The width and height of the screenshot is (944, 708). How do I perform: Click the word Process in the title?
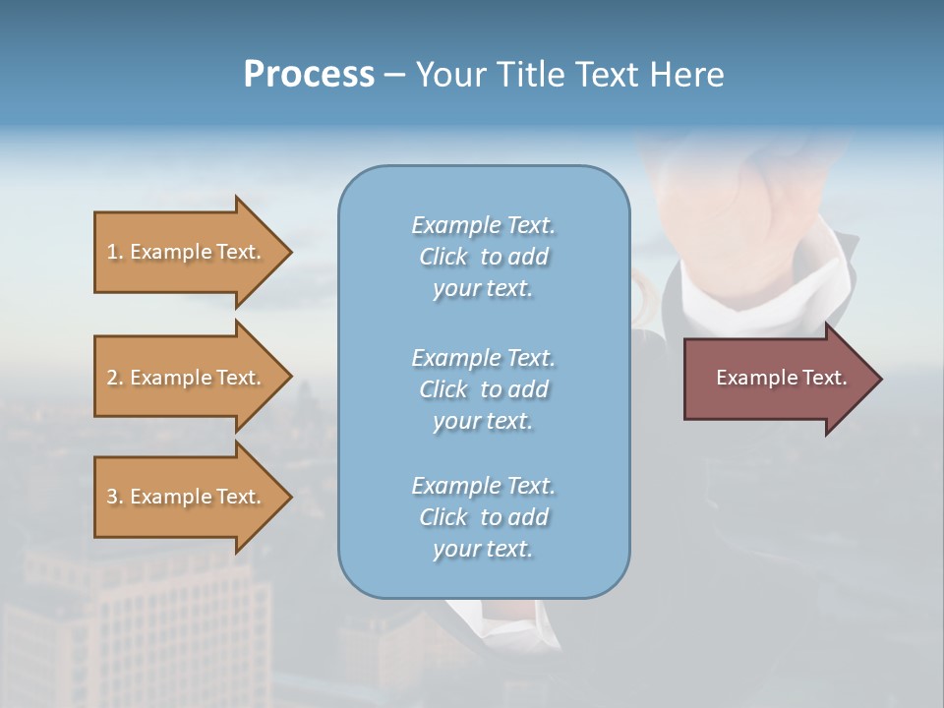coord(309,75)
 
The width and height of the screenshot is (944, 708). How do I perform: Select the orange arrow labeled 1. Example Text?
coord(187,252)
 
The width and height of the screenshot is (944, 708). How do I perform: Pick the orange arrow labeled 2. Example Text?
coord(187,378)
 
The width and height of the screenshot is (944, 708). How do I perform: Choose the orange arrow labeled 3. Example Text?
coord(187,497)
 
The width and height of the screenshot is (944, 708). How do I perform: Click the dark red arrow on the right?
coord(777,379)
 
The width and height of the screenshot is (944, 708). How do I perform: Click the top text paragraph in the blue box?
coord(483,257)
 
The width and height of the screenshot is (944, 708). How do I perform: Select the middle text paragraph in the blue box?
coord(483,389)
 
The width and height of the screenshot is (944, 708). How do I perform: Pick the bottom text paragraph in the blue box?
coord(483,517)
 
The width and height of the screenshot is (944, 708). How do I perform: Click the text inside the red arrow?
coord(781,378)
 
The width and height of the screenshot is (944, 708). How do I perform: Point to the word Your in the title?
coord(452,75)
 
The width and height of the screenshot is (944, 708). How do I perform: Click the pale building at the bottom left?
coord(147,619)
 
